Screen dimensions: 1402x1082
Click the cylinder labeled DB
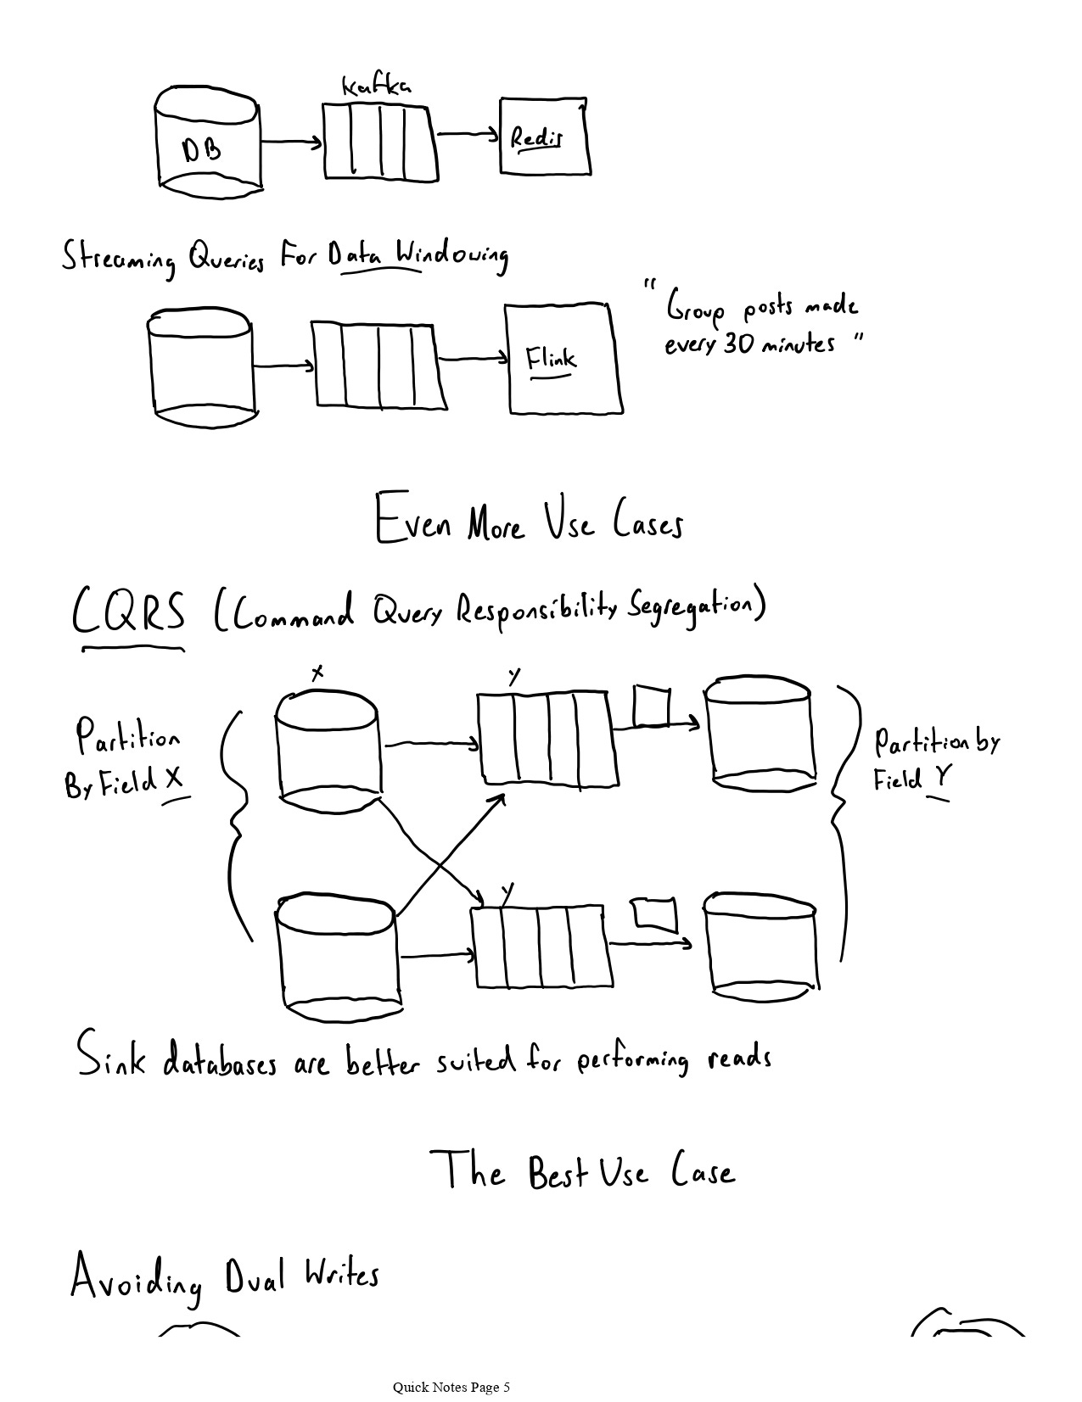point(208,141)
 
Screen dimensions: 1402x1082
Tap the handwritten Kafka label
point(377,86)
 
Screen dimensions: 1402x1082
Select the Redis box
point(543,136)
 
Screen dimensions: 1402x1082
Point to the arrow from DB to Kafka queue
point(291,142)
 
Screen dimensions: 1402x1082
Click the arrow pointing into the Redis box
point(468,133)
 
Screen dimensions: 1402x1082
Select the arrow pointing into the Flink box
point(472,359)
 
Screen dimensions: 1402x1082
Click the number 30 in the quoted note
point(737,344)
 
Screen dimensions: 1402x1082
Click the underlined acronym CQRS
point(129,612)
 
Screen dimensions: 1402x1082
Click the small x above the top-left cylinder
point(317,673)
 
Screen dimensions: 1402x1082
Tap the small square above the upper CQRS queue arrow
point(651,706)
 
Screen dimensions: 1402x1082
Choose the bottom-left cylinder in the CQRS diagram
point(338,956)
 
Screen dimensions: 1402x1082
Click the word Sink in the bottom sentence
point(111,1054)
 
